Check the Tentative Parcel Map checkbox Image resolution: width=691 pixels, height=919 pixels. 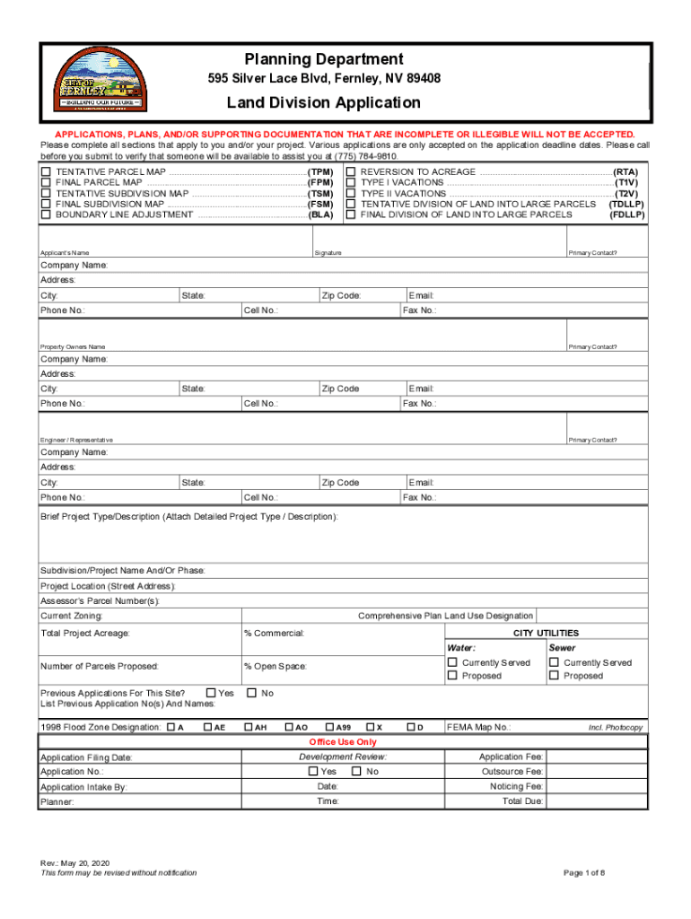click(46, 171)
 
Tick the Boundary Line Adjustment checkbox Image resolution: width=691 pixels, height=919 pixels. click(46, 214)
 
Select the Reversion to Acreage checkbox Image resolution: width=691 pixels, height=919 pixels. click(351, 171)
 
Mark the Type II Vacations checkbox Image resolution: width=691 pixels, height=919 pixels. click(351, 193)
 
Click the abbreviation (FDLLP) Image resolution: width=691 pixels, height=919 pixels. click(626, 214)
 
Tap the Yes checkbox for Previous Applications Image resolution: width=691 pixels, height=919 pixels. click(212, 693)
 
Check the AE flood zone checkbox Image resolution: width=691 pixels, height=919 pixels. click(208, 727)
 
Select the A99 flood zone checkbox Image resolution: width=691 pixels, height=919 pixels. click(329, 727)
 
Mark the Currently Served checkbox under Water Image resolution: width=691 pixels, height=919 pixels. click(453, 662)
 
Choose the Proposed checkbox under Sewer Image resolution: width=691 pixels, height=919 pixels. click(555, 676)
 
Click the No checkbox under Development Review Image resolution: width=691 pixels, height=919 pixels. click(356, 772)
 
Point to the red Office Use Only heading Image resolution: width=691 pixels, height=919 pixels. click(343, 742)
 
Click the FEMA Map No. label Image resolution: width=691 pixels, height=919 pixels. click(478, 727)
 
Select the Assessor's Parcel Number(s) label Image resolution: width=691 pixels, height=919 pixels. click(100, 600)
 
